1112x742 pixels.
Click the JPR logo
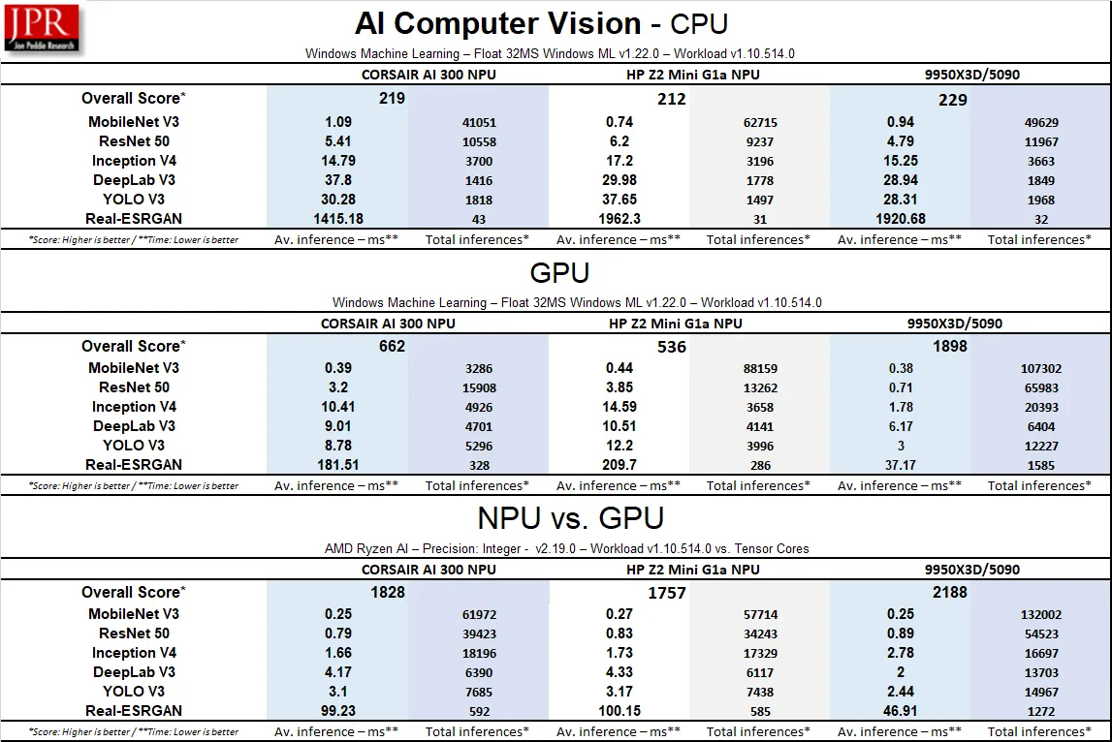(x=43, y=28)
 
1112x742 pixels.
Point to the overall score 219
(x=392, y=99)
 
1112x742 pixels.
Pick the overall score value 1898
(x=949, y=346)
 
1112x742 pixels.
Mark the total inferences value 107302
(x=1040, y=369)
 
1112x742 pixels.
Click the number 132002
(x=1040, y=615)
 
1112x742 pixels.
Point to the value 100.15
(x=620, y=711)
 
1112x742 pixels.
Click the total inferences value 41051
(x=479, y=123)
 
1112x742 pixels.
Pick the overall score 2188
(x=949, y=592)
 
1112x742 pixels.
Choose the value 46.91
(x=901, y=711)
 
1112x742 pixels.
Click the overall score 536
(x=671, y=346)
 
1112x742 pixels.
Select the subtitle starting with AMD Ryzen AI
(x=566, y=548)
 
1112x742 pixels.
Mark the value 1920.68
(x=901, y=219)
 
